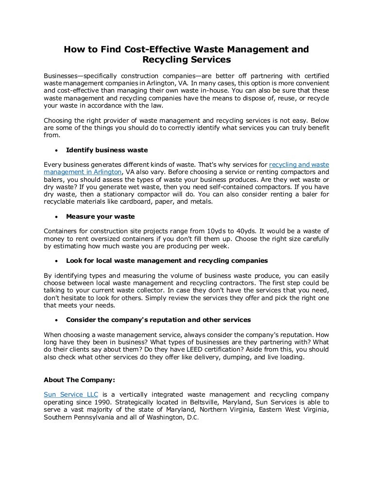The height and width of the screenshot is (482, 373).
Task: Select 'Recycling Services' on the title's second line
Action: tap(186, 61)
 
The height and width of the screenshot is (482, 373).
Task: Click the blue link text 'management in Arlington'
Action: tap(82, 172)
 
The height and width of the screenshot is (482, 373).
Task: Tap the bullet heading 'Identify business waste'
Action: tap(107, 150)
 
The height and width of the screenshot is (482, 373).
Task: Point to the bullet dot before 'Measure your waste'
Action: tap(57, 217)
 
